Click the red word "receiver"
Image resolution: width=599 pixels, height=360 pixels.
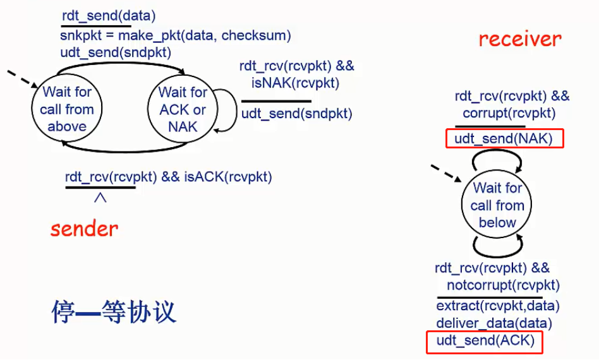(x=519, y=39)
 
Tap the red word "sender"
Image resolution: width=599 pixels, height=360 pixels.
(x=84, y=228)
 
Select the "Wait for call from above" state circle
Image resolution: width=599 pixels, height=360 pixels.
(x=67, y=109)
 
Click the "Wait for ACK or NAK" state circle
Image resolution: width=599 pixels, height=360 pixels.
(x=183, y=109)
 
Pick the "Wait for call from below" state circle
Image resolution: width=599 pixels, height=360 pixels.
(x=497, y=205)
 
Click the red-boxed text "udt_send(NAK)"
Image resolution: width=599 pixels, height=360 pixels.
(x=504, y=139)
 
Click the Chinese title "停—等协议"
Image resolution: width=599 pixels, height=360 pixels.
(x=114, y=312)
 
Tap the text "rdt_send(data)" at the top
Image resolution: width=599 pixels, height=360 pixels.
(x=109, y=15)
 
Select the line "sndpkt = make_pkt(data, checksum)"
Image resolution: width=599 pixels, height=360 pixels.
(x=176, y=35)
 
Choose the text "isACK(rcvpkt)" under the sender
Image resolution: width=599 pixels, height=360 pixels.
(x=228, y=177)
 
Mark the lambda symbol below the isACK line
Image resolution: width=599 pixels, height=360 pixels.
(x=100, y=198)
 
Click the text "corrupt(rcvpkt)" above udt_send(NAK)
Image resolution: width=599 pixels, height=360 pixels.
(x=509, y=113)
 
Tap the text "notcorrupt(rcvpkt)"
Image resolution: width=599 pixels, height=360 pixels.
(x=503, y=285)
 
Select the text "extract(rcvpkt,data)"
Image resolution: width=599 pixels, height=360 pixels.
(x=498, y=306)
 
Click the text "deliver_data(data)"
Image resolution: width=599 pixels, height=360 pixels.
(x=494, y=324)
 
